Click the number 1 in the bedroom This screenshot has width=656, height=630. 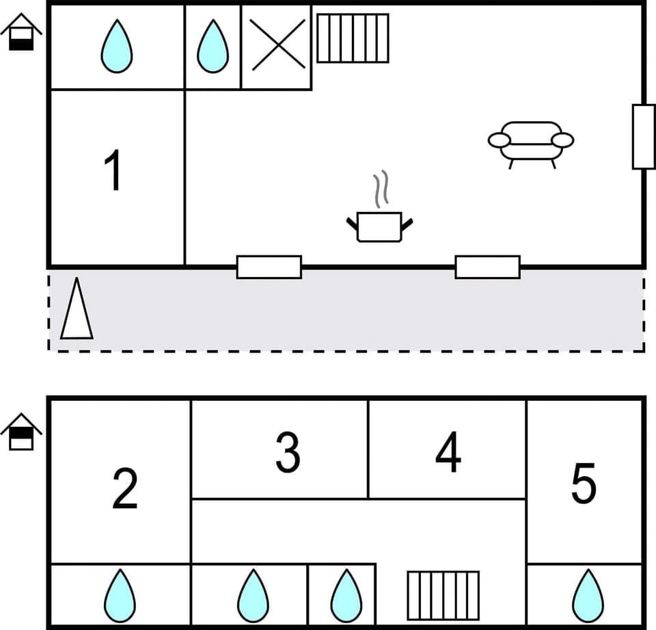point(113,170)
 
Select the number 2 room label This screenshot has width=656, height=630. point(124,488)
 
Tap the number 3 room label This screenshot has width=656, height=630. point(288,452)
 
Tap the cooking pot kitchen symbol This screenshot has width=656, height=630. point(379,226)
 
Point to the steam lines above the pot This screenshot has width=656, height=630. point(380,189)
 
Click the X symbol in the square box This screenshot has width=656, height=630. point(277,45)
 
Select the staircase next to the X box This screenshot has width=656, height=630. point(353,38)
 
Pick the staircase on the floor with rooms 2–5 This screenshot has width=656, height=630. point(443,595)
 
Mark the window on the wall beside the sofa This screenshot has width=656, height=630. point(643,136)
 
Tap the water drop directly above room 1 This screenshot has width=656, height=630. point(116,47)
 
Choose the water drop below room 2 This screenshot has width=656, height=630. point(120,595)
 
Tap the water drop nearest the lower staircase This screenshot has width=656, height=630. point(346,595)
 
